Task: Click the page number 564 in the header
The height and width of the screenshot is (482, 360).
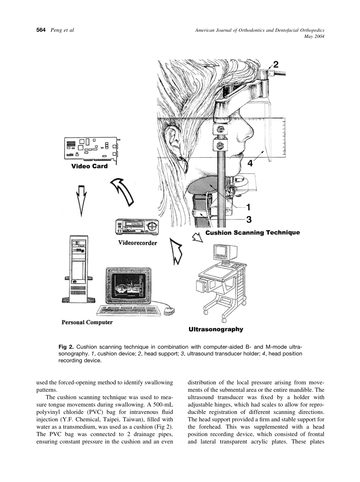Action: (x=41, y=30)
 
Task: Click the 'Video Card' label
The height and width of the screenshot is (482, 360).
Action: (x=89, y=166)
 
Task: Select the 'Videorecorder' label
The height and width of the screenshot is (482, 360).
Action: (x=137, y=243)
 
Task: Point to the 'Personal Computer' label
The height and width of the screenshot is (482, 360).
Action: (x=87, y=322)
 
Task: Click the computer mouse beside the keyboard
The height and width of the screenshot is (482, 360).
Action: (x=169, y=310)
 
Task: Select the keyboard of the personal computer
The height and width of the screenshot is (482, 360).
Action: (x=129, y=310)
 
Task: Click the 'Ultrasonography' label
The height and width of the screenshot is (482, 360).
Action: (x=216, y=329)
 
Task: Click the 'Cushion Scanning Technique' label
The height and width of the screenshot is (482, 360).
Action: (x=252, y=233)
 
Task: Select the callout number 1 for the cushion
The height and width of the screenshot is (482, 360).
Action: (x=249, y=207)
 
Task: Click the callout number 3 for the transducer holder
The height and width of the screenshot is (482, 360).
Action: (x=249, y=219)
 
